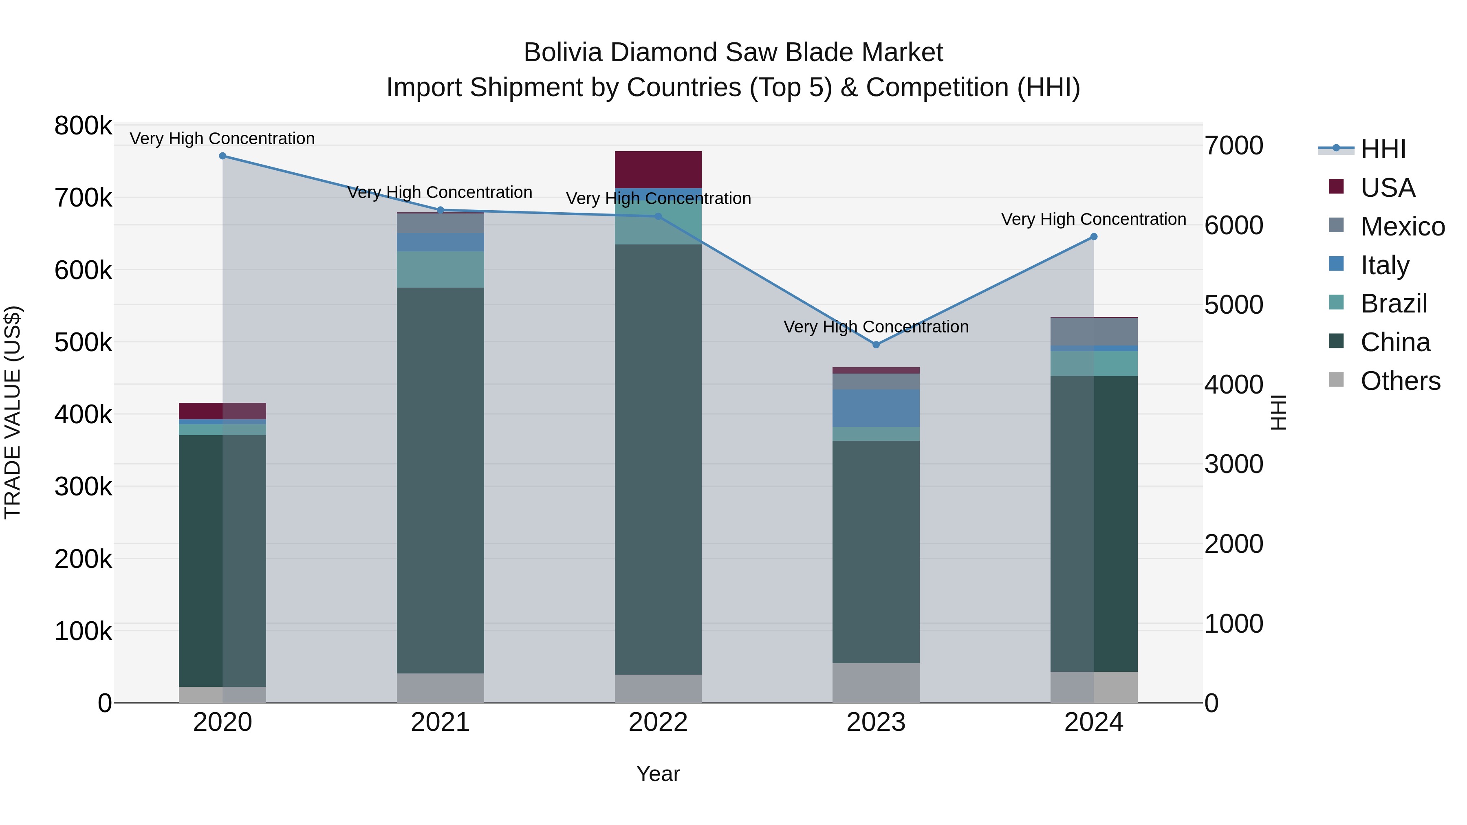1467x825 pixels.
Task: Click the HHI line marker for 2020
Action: click(222, 156)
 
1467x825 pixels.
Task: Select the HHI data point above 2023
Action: click(876, 344)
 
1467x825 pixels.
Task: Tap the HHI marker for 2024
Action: click(1093, 237)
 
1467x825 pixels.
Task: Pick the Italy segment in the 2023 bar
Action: click(876, 408)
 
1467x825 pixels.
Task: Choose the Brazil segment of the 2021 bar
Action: click(440, 269)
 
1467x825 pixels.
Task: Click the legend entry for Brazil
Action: click(1393, 304)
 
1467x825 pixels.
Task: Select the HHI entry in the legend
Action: click(1383, 149)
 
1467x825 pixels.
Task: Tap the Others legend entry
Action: click(1400, 381)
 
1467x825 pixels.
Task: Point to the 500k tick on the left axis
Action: click(83, 343)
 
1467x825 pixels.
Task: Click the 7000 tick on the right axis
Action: click(1234, 146)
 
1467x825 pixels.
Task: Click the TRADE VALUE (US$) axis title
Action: click(13, 412)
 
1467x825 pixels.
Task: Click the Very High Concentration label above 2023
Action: click(876, 327)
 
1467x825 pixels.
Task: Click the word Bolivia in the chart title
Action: click(562, 53)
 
